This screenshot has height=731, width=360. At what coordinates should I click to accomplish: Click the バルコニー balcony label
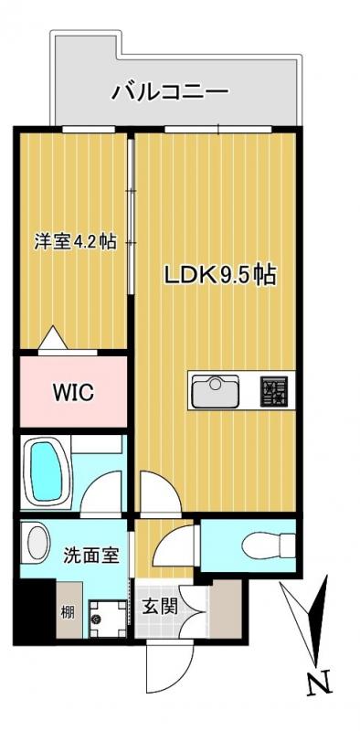(170, 91)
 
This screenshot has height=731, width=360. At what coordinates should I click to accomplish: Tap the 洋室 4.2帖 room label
(75, 242)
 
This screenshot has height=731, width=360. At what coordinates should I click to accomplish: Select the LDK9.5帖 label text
(220, 275)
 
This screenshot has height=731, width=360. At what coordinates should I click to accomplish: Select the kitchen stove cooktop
(274, 391)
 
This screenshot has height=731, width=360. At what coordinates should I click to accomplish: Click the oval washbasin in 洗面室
(37, 541)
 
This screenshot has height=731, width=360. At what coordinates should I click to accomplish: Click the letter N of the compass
(318, 683)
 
